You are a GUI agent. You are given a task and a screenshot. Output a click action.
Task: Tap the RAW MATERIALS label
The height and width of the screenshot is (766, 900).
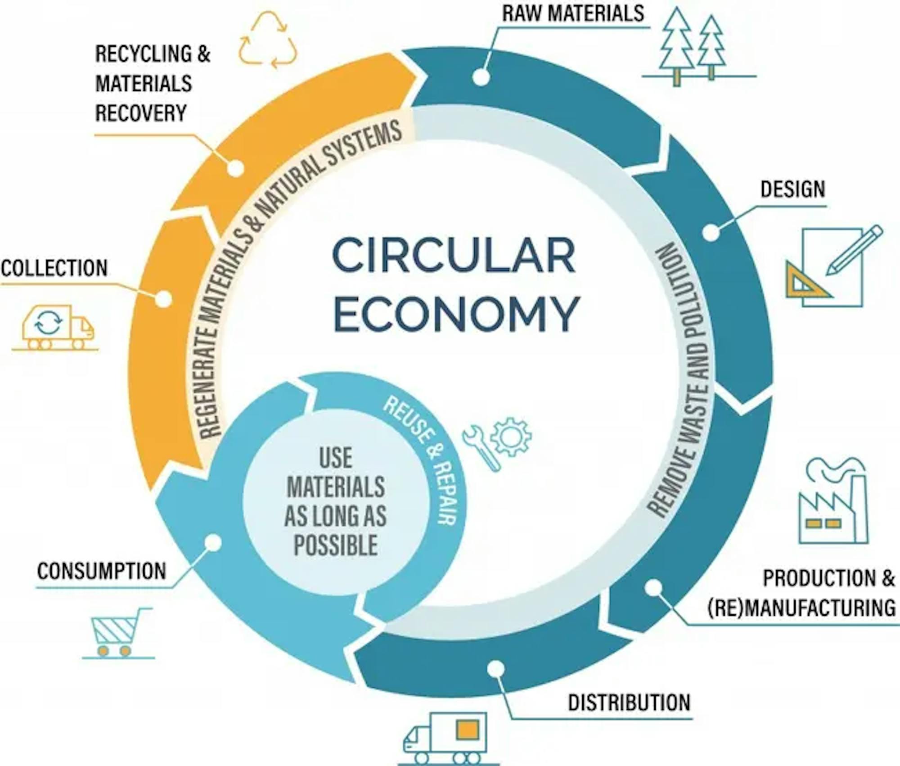click(573, 13)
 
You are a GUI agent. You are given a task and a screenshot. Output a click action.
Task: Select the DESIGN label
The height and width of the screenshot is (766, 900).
click(793, 189)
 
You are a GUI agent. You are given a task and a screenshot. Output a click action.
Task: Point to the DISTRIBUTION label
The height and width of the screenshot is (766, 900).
click(629, 703)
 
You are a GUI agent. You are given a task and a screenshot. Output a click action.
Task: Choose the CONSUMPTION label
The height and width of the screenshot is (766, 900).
click(102, 571)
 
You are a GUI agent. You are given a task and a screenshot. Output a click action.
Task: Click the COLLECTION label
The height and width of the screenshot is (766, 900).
click(54, 268)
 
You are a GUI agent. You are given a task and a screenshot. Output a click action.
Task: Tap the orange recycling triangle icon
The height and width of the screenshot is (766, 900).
click(268, 40)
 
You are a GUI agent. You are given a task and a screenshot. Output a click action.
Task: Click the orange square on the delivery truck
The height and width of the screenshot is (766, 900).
click(467, 730)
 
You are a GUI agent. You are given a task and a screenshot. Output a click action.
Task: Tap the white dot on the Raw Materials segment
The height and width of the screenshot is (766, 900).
click(481, 77)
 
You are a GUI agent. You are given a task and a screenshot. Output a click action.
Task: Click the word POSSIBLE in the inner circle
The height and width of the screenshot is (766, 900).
click(336, 545)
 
